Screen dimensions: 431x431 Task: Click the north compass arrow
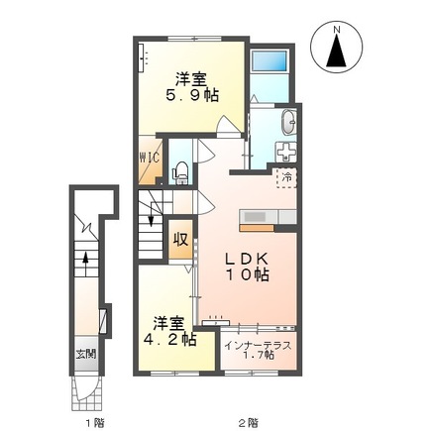point(336,48)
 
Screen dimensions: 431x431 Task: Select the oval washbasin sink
point(289,123)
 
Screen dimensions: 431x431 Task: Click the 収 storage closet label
point(181,239)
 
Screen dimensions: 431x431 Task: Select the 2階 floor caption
point(248,421)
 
